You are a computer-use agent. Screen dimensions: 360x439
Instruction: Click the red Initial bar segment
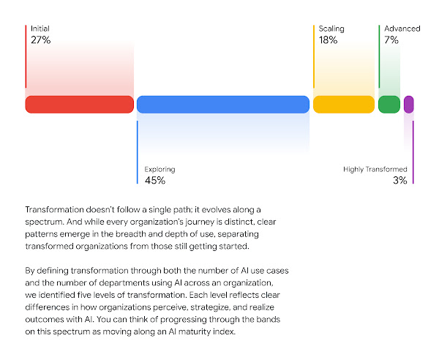tap(80, 105)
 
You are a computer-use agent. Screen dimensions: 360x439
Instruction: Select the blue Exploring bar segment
tap(223, 105)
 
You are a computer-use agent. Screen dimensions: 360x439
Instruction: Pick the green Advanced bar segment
tap(389, 105)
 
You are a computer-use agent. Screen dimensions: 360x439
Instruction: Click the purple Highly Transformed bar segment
tap(408, 105)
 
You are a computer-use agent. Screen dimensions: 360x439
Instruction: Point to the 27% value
tap(40, 41)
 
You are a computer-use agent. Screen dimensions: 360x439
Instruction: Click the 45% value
tap(154, 181)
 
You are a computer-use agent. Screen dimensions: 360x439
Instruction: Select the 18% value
tap(328, 41)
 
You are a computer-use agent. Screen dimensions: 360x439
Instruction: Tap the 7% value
tap(391, 41)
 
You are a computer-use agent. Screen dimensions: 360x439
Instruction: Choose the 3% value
tap(399, 181)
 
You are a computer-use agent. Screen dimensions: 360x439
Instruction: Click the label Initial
tap(40, 29)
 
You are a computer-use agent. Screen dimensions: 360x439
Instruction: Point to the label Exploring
tap(160, 170)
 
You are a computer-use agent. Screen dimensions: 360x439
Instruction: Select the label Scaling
tap(331, 29)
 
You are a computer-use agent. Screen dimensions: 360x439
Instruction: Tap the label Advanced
tap(402, 29)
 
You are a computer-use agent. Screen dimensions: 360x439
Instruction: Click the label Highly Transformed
tap(375, 170)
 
